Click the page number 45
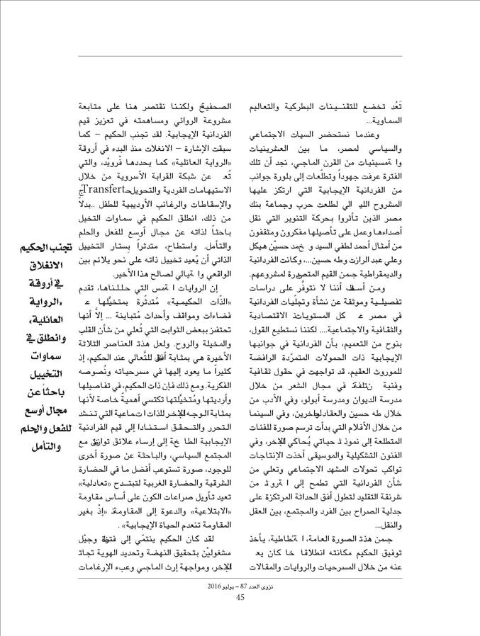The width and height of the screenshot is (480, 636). point(240,597)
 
